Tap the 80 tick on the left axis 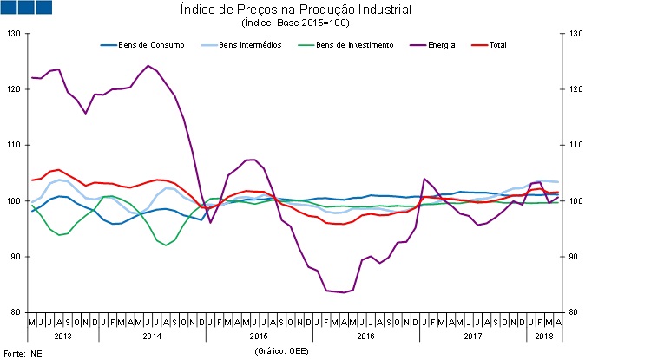click(x=14, y=312)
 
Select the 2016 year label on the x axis click(x=365, y=335)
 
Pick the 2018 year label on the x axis click(x=544, y=335)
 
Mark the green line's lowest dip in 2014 click(x=167, y=245)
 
